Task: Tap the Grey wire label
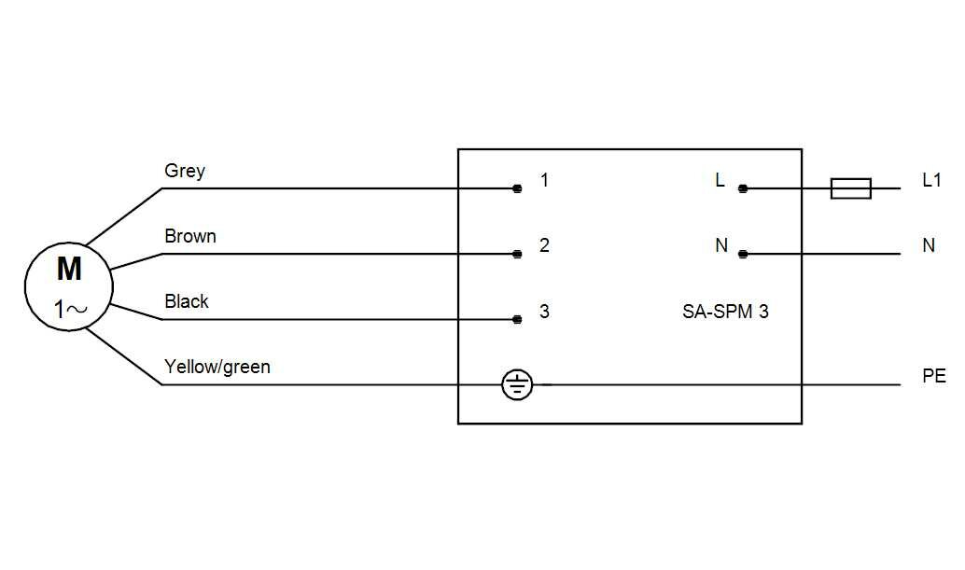pos(185,171)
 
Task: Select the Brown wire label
pos(190,236)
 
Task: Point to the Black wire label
pos(187,301)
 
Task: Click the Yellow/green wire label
pos(217,367)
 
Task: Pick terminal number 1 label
pos(545,180)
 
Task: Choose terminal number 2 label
pos(545,245)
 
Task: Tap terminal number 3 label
pos(545,312)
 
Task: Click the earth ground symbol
pos(517,384)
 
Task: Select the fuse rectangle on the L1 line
pos(851,188)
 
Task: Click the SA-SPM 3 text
pos(725,312)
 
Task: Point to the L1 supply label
pos(931,180)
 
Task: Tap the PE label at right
pos(933,377)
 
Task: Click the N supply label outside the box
pos(929,245)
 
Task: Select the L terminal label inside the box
pos(720,180)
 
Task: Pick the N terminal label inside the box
pos(721,245)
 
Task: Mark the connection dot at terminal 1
pos(517,188)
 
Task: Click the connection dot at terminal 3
pos(517,319)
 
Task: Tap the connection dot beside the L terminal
pos(743,188)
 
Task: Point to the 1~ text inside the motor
pos(70,310)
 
